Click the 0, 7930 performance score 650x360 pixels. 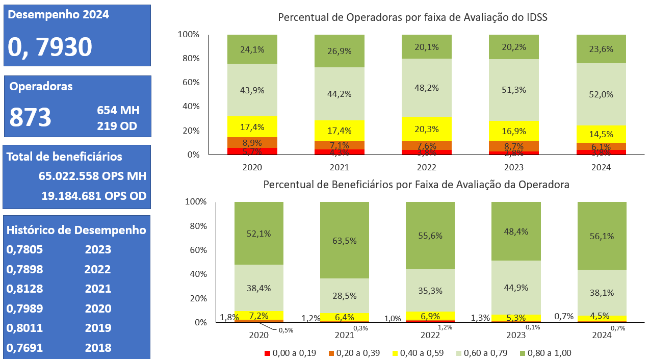[50, 47]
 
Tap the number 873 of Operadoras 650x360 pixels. [31, 117]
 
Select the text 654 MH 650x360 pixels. [118, 110]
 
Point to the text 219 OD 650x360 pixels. [117, 126]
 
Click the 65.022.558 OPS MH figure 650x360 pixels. [92, 176]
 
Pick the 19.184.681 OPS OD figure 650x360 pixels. [94, 196]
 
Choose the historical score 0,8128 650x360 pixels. [24, 289]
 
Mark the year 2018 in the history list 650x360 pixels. [98, 348]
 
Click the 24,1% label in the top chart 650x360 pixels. [252, 49]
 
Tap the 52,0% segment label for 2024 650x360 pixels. [602, 94]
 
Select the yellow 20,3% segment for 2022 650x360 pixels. [427, 129]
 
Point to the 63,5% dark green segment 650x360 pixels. [345, 240]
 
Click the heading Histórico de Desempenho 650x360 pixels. [76, 230]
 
